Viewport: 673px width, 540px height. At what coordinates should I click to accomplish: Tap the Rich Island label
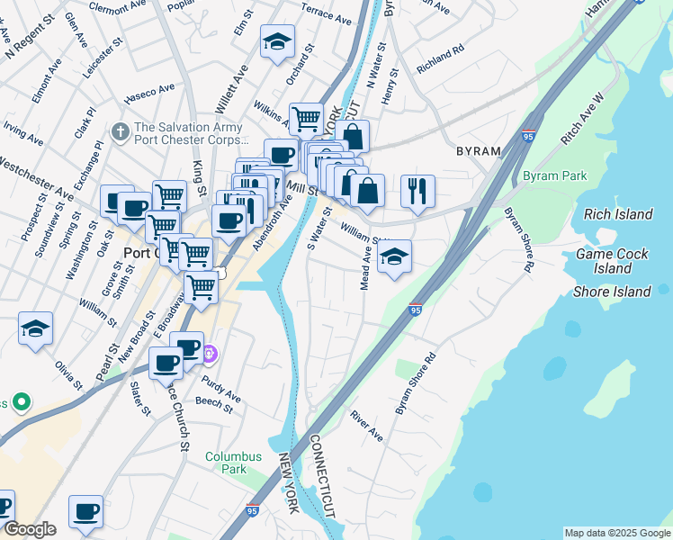pos(618,214)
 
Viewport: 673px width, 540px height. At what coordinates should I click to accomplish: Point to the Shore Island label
pos(612,292)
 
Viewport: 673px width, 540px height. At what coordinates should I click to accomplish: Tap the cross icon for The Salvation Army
pos(121,132)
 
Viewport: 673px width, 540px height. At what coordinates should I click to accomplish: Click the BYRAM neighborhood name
pos(478,151)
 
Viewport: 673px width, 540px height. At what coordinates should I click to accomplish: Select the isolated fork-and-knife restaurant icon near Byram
pos(417,191)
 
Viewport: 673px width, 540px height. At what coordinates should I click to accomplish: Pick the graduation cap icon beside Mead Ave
pos(394,256)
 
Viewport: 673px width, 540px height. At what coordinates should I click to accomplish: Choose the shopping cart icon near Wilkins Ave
pos(306,118)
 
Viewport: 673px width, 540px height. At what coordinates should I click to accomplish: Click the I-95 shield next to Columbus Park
pos(253,510)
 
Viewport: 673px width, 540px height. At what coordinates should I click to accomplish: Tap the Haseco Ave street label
pos(150,92)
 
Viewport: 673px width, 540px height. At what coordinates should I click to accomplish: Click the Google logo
pos(30,529)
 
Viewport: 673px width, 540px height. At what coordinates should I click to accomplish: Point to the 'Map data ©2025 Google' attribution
pos(616,533)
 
